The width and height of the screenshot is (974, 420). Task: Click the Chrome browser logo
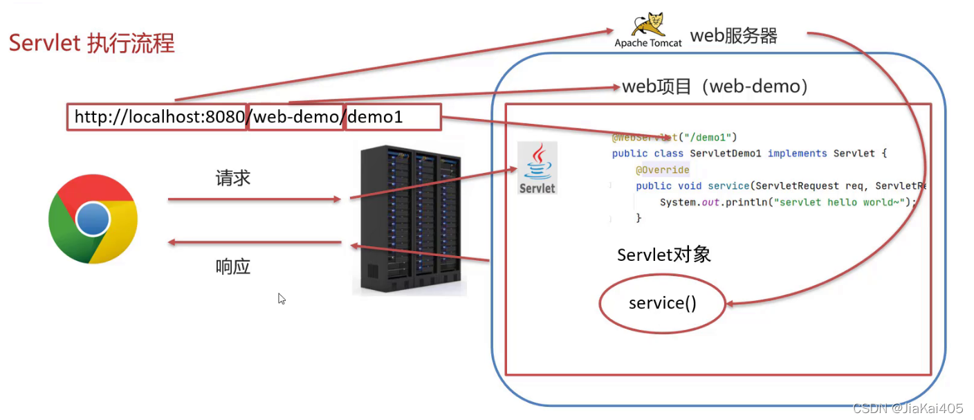click(93, 219)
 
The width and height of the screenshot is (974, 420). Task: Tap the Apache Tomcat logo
click(648, 30)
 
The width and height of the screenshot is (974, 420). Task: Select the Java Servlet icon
click(537, 168)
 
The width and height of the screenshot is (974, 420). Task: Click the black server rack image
click(409, 219)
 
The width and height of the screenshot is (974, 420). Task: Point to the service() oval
click(662, 303)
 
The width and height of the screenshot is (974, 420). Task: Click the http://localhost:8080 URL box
click(157, 118)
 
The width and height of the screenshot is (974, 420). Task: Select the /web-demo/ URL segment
click(296, 118)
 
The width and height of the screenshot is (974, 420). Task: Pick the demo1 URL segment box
click(392, 118)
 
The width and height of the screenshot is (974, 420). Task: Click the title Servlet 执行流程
click(91, 44)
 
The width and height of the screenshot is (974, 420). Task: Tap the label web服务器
click(733, 36)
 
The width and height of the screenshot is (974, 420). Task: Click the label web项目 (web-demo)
click(715, 87)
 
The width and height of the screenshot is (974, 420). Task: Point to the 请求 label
click(232, 179)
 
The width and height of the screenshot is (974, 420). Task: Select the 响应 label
click(232, 266)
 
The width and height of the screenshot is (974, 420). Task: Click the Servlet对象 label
click(663, 255)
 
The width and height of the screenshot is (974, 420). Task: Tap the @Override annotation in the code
click(662, 170)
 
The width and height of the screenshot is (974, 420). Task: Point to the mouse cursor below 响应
click(282, 298)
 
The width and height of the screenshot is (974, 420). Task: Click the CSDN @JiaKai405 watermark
click(909, 408)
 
